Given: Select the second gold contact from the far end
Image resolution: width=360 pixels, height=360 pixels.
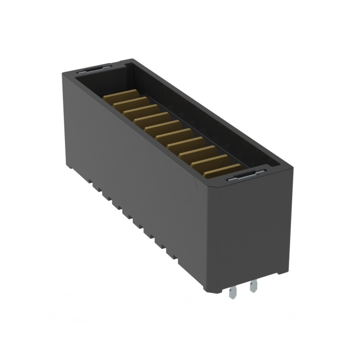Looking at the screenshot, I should point(130,102).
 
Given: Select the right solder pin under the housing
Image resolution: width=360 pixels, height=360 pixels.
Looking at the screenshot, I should point(253,286).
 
